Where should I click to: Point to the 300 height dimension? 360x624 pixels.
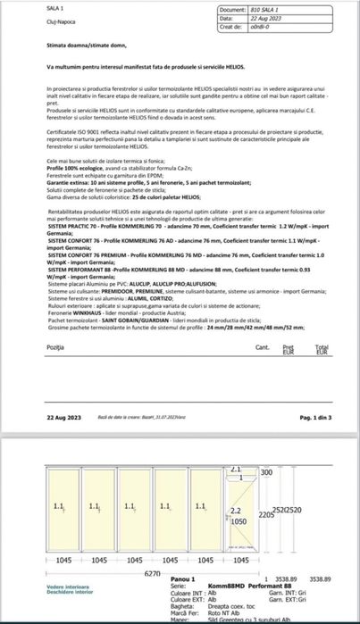click(265, 471)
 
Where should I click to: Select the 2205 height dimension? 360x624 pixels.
click(265, 515)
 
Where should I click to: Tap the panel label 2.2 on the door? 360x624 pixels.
click(236, 510)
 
